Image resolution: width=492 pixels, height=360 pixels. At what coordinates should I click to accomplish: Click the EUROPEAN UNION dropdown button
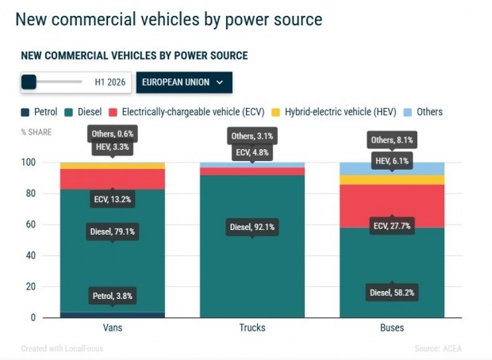coord(184,82)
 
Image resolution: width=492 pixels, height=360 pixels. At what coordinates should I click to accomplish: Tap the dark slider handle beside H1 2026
coord(29,82)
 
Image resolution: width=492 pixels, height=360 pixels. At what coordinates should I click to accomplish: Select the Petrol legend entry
coord(39,112)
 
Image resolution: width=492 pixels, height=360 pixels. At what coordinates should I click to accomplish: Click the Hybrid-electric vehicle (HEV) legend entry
coord(334,112)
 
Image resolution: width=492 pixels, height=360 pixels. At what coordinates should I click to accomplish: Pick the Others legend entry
coord(423,112)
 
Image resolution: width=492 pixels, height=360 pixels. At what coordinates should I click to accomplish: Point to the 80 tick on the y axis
coord(31,193)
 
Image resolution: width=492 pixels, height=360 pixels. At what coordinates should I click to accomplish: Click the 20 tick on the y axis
coord(31,286)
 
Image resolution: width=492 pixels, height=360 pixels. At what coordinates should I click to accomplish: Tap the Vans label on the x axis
coord(113,327)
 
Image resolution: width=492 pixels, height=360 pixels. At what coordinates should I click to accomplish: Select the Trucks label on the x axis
coord(252,327)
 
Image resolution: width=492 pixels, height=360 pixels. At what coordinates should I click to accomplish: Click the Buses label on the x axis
coord(392,327)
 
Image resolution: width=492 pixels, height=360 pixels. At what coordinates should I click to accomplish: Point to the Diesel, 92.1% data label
coord(252,227)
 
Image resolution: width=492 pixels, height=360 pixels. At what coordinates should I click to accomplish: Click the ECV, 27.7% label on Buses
coord(392,226)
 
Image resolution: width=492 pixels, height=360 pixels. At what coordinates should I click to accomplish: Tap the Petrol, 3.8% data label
coord(113,296)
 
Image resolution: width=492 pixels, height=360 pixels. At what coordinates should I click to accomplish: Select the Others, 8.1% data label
coord(392,140)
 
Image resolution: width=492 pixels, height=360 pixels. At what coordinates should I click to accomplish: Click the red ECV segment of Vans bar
coord(113,179)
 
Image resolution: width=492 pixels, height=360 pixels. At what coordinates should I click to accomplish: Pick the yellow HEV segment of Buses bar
coord(392,180)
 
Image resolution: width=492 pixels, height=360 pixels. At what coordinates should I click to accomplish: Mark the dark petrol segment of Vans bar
coord(113,315)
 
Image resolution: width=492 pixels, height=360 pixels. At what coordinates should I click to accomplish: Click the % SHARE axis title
coord(37,132)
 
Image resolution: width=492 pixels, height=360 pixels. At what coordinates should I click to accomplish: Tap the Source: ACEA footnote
coord(438,348)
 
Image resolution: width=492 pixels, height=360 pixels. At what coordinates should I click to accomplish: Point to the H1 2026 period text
coord(110,82)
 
